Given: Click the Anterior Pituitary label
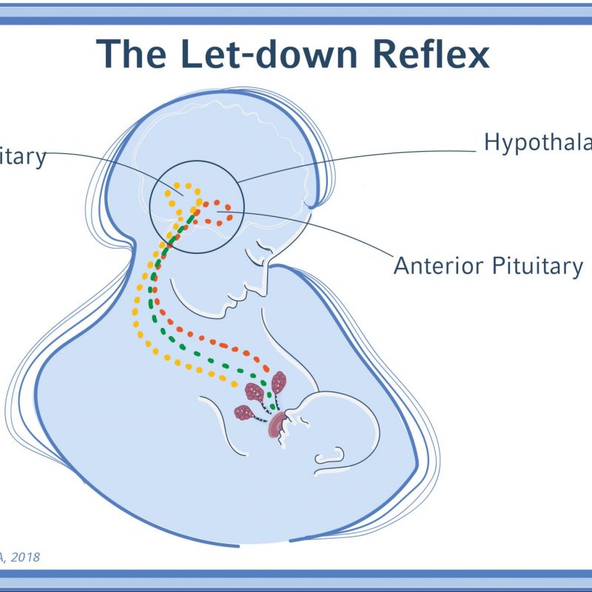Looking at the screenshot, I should pos(488,266).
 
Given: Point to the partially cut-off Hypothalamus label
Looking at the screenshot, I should pos(537,142).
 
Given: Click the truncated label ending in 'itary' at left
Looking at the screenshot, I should pos(22,158).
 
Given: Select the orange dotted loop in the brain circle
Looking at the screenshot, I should pos(218,210).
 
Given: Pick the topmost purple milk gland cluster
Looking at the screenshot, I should pos(279,383).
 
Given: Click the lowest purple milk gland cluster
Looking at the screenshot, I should pos(243,412).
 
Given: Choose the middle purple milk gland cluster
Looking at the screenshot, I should pos(255,391).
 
